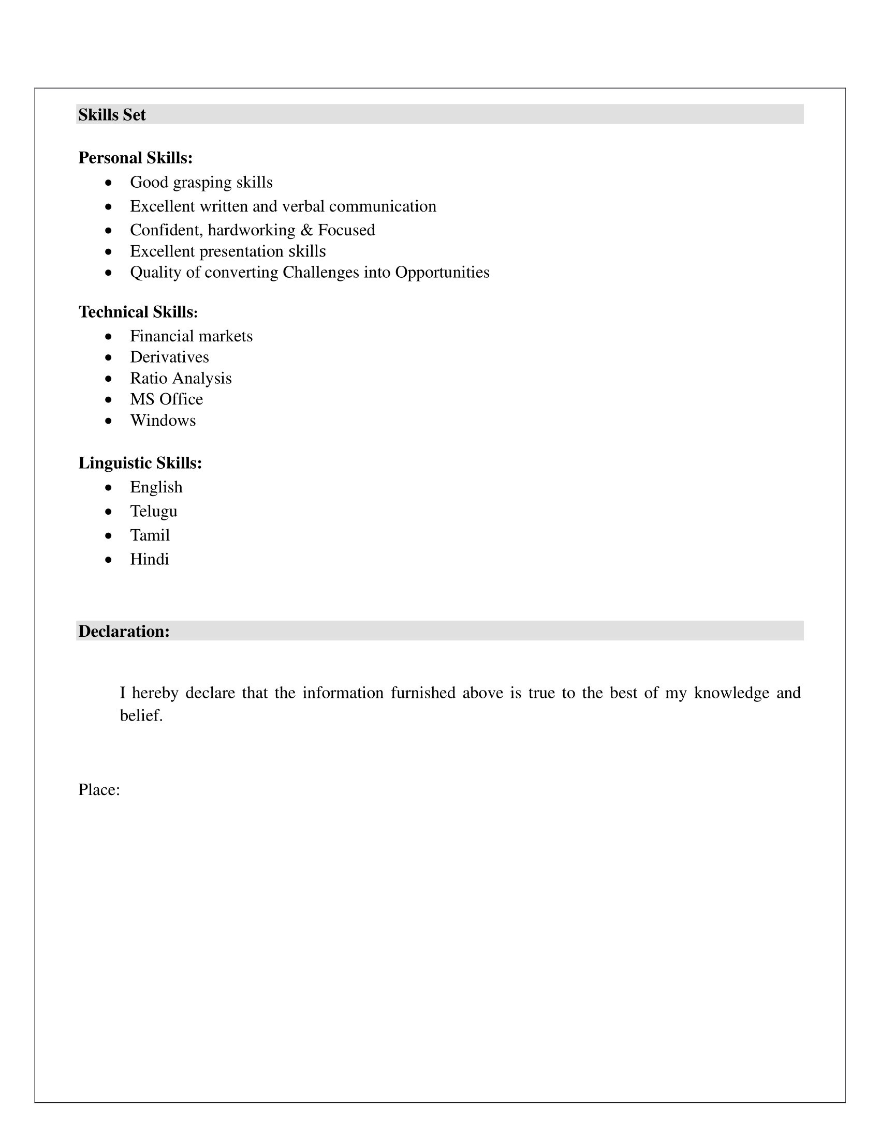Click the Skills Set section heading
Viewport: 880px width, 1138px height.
[112, 115]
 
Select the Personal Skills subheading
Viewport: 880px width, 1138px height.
[136, 157]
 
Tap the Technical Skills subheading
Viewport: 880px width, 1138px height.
[138, 311]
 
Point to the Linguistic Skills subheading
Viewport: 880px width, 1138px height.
[140, 463]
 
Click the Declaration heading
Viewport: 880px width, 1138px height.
[124, 631]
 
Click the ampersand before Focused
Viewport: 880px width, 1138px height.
[306, 230]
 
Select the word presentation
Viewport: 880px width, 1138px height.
[242, 252]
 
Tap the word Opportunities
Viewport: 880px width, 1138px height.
[442, 272]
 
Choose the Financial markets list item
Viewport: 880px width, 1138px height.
[192, 336]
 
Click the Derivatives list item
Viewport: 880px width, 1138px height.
[169, 357]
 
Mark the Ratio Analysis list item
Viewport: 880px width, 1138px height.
[181, 378]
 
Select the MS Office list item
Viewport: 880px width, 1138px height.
[166, 399]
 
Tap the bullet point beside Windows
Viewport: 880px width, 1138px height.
[108, 421]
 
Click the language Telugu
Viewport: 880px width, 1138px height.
[154, 511]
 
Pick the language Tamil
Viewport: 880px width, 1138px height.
[150, 535]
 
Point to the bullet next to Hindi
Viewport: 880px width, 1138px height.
[108, 560]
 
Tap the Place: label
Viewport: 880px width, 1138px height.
[99, 790]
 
